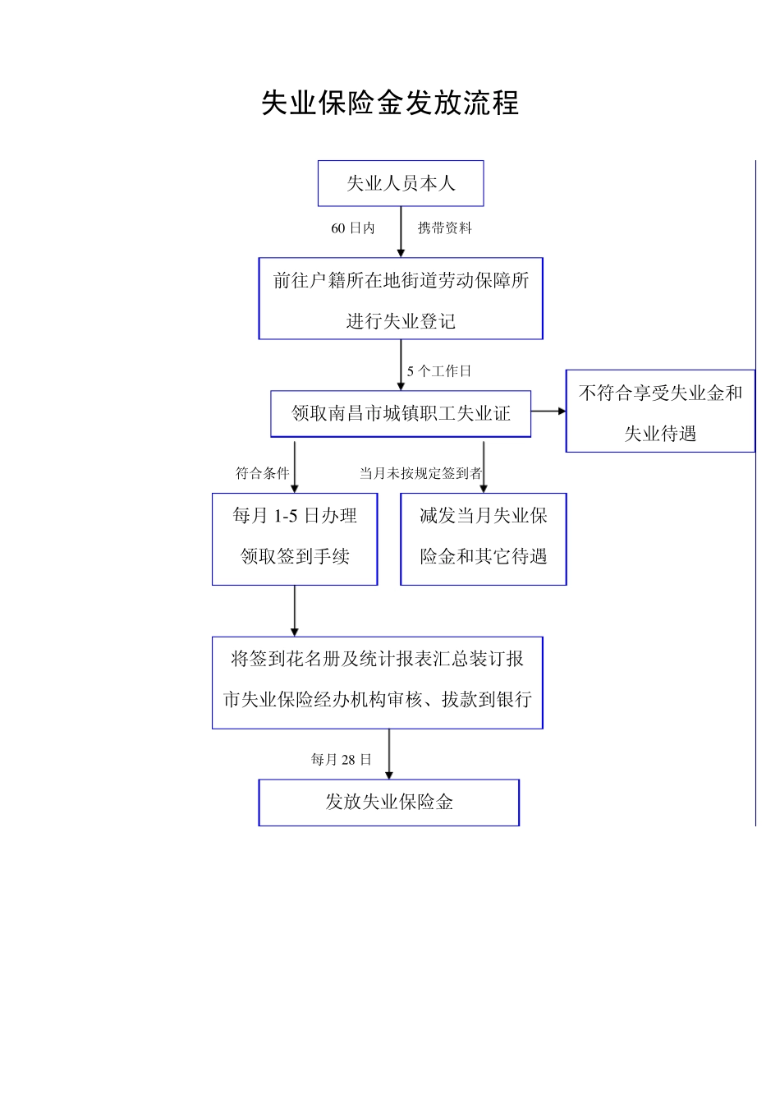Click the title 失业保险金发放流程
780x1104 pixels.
pyautogui.click(x=390, y=103)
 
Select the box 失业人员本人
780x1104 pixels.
pyautogui.click(x=401, y=183)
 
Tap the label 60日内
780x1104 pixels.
pyautogui.click(x=353, y=228)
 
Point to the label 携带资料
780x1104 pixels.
pyautogui.click(x=444, y=228)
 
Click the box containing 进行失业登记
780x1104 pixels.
pyautogui.click(x=401, y=299)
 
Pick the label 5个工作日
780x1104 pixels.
pyautogui.click(x=439, y=371)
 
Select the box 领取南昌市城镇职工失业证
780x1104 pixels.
pyautogui.click(x=401, y=413)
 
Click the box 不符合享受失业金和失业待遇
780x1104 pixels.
pyautogui.click(x=660, y=412)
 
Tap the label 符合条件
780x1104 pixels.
pyautogui.click(x=263, y=473)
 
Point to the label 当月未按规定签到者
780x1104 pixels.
pyautogui.click(x=420, y=473)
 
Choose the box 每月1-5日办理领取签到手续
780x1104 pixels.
pyautogui.click(x=295, y=539)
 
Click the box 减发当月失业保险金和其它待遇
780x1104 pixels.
pyautogui.click(x=484, y=539)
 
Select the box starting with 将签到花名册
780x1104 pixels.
pyautogui.click(x=378, y=682)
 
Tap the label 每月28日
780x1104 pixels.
pyautogui.click(x=342, y=760)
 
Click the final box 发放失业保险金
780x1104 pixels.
pyautogui.click(x=389, y=803)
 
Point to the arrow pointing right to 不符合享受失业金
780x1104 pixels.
pyautogui.click(x=548, y=411)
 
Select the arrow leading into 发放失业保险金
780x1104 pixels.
pyautogui.click(x=389, y=754)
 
